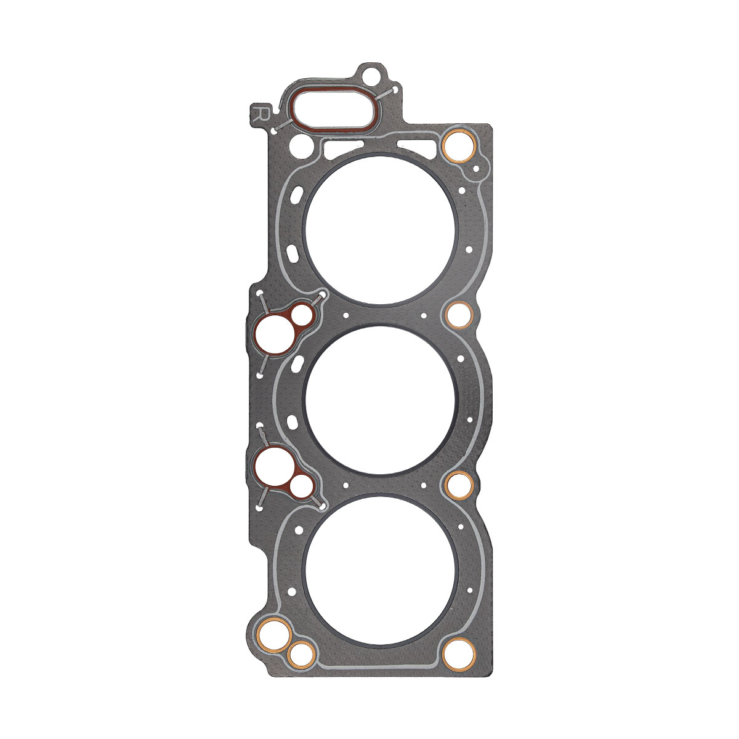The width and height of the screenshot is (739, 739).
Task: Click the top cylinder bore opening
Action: click(x=381, y=230)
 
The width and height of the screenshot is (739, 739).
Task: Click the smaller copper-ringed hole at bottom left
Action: click(x=301, y=656)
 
